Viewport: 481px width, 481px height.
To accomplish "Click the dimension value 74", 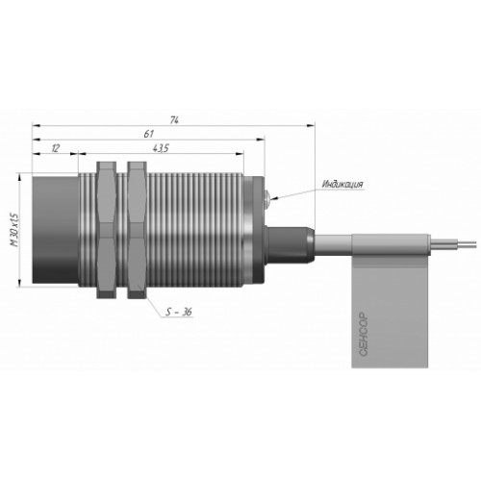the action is click(174, 120).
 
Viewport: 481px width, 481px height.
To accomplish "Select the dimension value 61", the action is click(148, 134).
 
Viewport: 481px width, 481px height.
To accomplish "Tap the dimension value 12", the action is click(56, 148).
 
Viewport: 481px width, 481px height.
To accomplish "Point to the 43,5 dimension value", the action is click(161, 148).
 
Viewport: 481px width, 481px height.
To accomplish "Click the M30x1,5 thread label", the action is click(14, 229).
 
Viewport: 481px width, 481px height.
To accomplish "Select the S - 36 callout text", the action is click(179, 312).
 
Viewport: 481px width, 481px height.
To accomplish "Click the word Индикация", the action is click(342, 185).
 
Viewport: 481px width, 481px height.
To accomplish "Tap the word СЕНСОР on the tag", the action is click(364, 334).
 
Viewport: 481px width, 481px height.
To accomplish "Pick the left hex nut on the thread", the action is click(107, 230).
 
